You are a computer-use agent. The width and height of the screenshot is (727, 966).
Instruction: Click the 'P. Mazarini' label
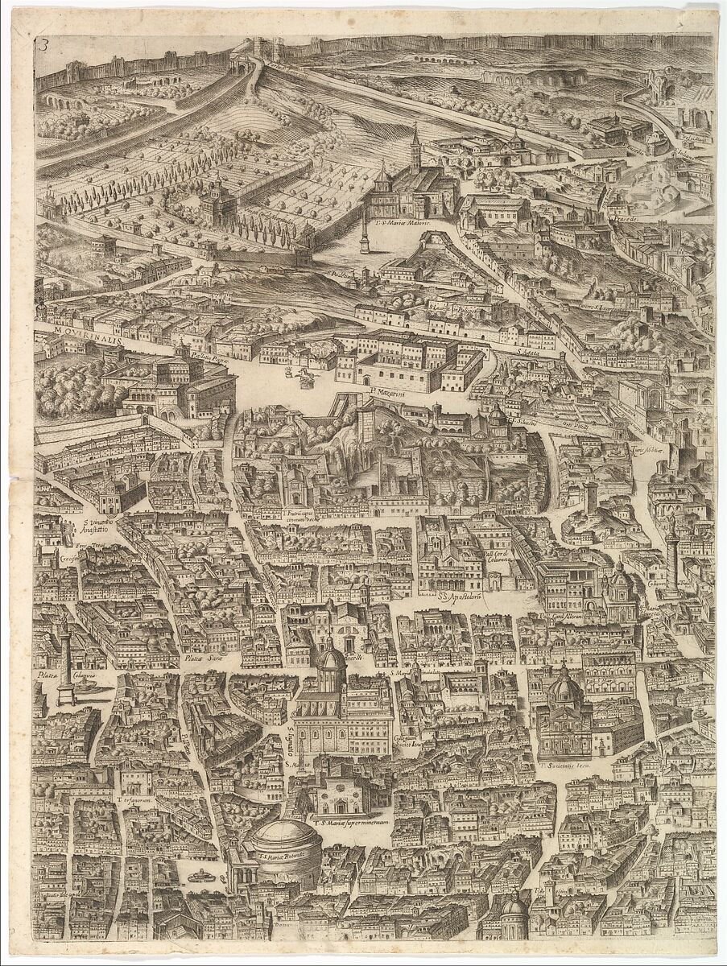(x=386, y=395)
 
